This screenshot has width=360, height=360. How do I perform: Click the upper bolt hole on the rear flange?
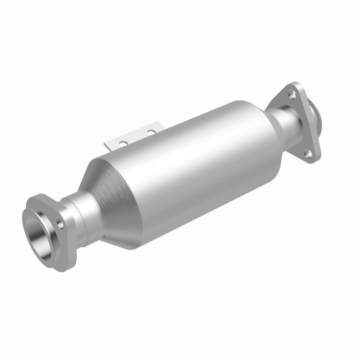pos(293,94)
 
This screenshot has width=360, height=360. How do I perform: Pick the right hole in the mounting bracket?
pos(151,132)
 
